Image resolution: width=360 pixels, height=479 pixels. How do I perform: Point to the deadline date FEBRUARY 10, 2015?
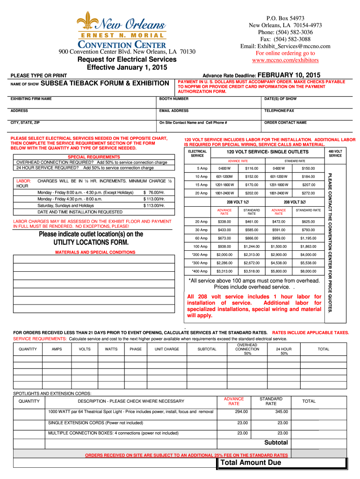(x=288, y=75)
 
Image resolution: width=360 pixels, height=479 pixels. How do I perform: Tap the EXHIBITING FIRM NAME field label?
(x=31, y=99)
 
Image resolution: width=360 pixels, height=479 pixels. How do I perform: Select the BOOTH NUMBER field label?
(x=174, y=99)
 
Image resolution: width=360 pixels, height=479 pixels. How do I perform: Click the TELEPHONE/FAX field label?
(x=279, y=111)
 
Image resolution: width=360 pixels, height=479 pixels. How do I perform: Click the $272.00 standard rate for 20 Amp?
(x=308, y=193)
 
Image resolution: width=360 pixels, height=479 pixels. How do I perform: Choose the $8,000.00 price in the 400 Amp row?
(x=308, y=271)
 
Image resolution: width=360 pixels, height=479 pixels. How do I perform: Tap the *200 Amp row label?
(x=200, y=254)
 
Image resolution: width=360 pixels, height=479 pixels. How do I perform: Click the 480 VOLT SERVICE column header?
(x=335, y=153)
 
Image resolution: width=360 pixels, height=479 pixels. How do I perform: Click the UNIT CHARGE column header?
(x=167, y=349)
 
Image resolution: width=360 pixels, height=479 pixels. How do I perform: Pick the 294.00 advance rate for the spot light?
(x=241, y=412)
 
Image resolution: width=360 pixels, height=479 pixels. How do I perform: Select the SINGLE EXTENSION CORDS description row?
(x=96, y=422)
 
